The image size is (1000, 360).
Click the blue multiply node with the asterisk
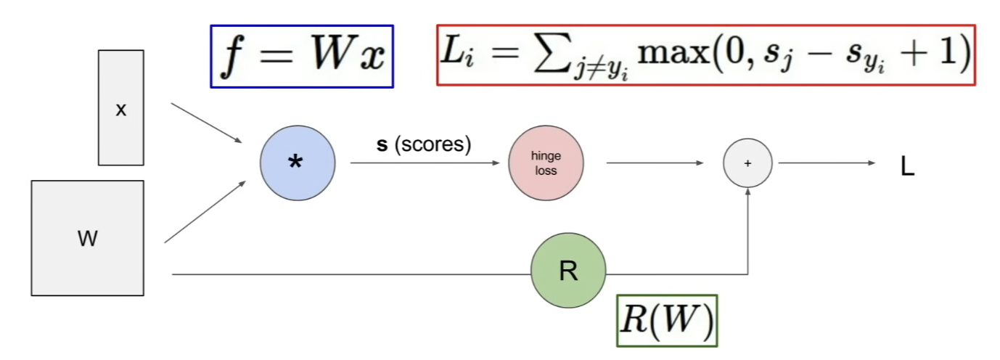(x=298, y=163)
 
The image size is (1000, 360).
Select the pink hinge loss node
(x=546, y=163)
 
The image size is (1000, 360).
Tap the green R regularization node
(x=568, y=270)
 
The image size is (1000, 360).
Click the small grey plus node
(x=747, y=163)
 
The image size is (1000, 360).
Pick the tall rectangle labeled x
(x=121, y=107)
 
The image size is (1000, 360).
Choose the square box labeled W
(x=88, y=238)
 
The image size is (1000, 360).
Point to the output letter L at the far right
(x=908, y=167)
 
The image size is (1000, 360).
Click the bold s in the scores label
(x=382, y=145)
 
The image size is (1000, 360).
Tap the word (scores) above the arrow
(x=433, y=144)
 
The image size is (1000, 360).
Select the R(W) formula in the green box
(x=668, y=320)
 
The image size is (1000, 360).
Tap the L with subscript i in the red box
(x=457, y=54)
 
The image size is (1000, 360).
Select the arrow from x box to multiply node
(x=206, y=123)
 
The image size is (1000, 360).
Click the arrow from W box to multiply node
(x=205, y=212)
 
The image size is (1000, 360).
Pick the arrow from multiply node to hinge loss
(x=425, y=163)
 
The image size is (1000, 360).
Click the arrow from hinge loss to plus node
(x=655, y=163)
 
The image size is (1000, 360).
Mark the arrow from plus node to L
(x=827, y=163)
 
